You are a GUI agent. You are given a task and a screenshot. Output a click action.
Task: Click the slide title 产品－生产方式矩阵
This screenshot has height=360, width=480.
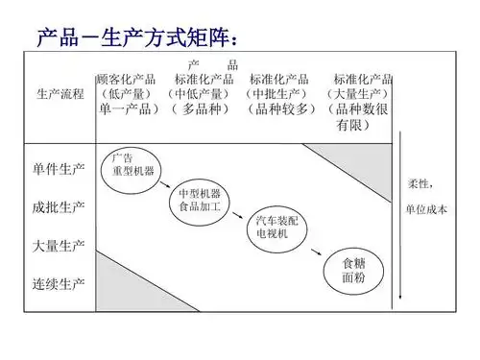tap(135, 39)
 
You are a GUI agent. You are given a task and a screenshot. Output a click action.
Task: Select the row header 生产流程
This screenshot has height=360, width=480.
tap(60, 94)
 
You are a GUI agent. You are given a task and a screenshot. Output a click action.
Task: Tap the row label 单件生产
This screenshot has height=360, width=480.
tap(59, 169)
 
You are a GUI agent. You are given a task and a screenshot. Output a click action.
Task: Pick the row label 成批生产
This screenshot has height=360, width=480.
tap(59, 206)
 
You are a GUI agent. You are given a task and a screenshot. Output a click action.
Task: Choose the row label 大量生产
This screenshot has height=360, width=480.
tap(59, 245)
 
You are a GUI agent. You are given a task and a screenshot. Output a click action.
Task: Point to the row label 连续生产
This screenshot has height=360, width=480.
tap(59, 283)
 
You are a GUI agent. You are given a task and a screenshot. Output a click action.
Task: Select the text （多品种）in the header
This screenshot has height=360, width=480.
tap(199, 108)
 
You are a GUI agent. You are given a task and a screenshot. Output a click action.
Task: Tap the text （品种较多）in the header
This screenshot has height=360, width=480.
tap(279, 108)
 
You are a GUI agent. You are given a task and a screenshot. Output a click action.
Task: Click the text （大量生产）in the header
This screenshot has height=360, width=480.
tap(357, 94)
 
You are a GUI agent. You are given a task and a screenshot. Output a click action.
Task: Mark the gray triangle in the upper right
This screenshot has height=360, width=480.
tap(360, 159)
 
